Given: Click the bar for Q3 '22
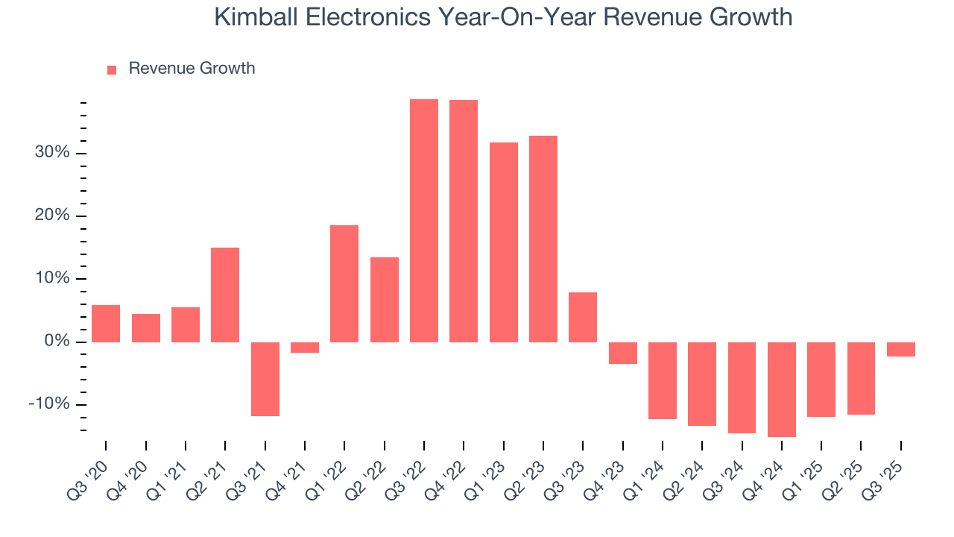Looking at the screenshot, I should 424,221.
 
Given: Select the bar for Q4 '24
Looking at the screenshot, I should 782,389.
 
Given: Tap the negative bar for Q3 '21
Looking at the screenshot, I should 265,379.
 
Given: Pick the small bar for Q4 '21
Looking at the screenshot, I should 305,348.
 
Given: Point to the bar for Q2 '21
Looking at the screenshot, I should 225,295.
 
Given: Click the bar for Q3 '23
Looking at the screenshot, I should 583,317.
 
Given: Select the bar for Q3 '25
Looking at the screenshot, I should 901,349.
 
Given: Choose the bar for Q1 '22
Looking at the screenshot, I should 344,283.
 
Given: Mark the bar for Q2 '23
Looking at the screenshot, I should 543,239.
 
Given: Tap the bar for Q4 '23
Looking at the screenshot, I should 623,353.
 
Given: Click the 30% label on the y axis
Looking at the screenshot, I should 51,153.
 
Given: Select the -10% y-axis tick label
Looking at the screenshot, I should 49,404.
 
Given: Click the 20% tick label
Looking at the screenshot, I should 51,216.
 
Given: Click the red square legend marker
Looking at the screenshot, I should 112,69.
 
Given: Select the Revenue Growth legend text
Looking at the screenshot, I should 192,69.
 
